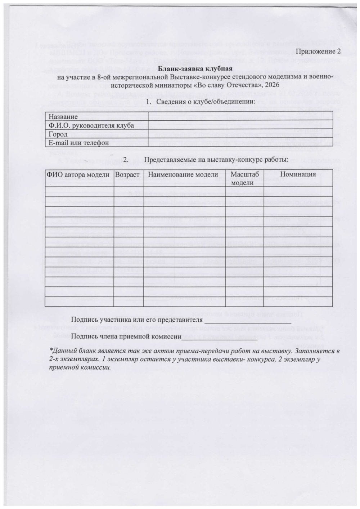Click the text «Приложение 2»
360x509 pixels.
318,52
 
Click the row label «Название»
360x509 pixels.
63,117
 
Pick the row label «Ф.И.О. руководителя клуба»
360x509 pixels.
91,125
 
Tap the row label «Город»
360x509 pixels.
58,134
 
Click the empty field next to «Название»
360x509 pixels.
240,117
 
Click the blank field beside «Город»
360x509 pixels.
240,134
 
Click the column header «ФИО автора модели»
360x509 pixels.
78,175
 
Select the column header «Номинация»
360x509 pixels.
298,175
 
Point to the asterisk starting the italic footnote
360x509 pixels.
51,350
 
